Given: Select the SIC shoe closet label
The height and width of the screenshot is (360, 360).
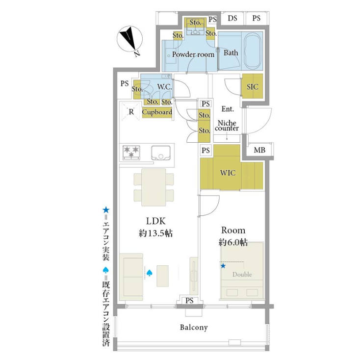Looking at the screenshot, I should point(253,86).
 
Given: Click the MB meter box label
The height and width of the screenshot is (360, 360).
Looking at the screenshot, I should point(259,151).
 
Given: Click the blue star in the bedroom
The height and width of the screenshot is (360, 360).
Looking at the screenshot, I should point(223,266).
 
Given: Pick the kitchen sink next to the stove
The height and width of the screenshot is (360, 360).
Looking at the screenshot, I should point(161,152).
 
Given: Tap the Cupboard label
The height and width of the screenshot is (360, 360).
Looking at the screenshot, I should point(157,112).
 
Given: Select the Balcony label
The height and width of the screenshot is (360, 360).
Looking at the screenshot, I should point(193,327).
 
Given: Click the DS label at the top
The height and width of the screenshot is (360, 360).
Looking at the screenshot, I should point(232,18).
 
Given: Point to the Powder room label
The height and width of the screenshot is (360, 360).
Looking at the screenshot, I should point(193,54).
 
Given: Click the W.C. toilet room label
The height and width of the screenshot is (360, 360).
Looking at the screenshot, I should point(163,87).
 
